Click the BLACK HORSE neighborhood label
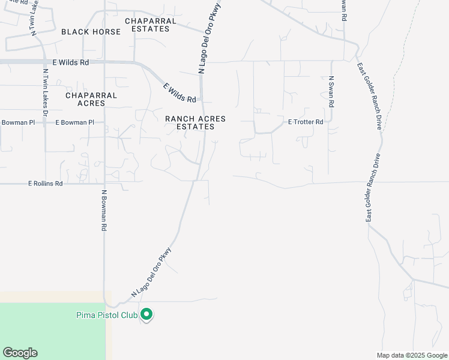tap(91, 32)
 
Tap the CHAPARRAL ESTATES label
tap(151, 25)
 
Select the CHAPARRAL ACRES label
tap(91, 99)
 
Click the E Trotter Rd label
tap(306, 122)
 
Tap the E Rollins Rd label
tap(45, 184)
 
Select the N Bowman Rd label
tap(104, 211)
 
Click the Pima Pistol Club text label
tap(107, 314)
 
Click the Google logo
tap(20, 353)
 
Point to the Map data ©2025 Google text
tap(412, 355)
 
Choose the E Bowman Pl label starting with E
tap(75, 122)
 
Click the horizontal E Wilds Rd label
tap(71, 62)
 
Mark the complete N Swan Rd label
tap(330, 91)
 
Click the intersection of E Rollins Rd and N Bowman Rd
tap(104, 184)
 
